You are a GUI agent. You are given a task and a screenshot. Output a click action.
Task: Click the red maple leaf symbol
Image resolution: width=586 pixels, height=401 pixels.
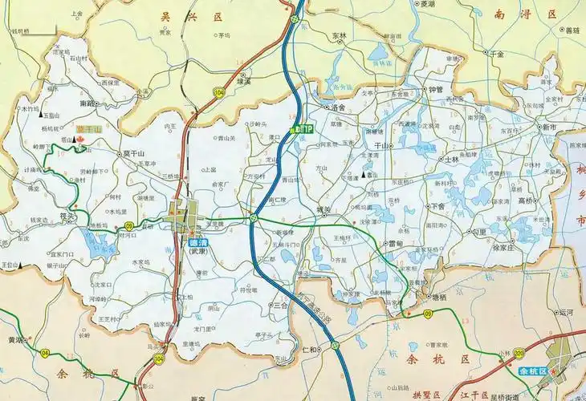coord(80,142)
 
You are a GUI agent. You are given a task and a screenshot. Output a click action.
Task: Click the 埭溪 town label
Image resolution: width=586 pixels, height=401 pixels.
coord(243,81)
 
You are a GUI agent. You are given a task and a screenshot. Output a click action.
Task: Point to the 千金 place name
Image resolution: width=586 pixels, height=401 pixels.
coord(497,55)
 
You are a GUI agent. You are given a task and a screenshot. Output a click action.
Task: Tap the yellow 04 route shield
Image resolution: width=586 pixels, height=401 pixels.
coord(45,352)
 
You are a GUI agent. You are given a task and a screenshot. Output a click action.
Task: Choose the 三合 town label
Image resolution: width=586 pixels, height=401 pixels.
coord(280,305)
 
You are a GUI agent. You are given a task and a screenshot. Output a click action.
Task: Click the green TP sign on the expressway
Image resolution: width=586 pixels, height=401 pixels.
coord(304,128)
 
